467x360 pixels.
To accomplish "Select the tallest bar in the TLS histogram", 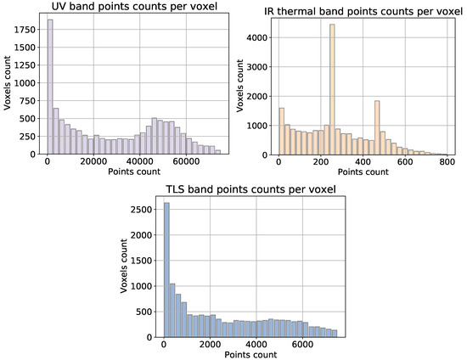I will click(166, 272).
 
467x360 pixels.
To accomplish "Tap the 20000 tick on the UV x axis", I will click(93, 161).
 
